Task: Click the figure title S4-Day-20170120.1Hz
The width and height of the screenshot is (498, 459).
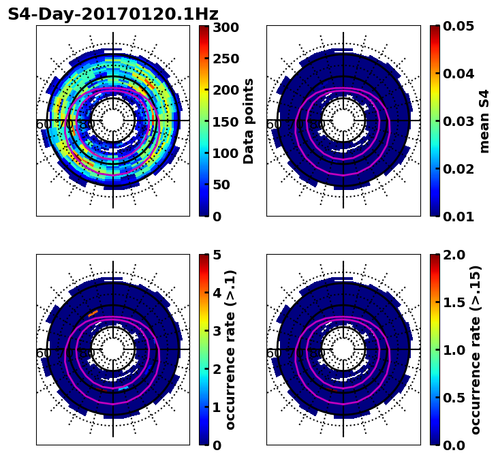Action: point(113,14)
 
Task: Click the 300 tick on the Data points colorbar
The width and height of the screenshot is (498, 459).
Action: point(224,27)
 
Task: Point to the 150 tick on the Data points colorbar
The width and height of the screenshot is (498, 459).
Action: point(224,121)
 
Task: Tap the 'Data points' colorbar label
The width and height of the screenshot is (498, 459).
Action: point(249,121)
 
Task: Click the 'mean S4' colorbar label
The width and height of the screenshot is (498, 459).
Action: point(484,121)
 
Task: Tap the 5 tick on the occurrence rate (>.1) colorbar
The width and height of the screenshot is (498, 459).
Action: point(216,255)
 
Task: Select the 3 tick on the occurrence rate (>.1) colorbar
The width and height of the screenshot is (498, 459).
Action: point(216,331)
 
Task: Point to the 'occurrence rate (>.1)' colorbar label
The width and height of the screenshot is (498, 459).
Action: point(230,350)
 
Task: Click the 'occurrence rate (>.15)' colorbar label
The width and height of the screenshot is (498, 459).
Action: point(476,350)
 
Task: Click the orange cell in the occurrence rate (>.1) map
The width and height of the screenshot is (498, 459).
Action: point(93,313)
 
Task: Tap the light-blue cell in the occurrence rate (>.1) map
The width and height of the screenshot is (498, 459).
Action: point(123,388)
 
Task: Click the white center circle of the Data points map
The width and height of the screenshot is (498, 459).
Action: point(113,121)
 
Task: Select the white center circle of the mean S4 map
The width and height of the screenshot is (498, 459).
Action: point(343,121)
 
